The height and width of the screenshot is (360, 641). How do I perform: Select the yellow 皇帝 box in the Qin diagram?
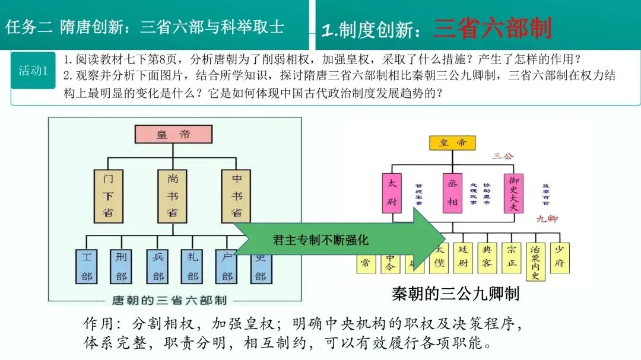(452, 143)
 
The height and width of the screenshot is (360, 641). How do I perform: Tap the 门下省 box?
(107, 195)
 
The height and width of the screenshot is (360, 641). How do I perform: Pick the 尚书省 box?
(172, 195)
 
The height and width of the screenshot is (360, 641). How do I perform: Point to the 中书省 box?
(236, 195)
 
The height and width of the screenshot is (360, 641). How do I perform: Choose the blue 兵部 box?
(158, 267)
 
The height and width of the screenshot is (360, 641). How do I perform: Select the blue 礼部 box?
(192, 267)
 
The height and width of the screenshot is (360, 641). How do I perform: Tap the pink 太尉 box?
(392, 193)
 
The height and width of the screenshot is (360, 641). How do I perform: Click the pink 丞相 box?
(452, 193)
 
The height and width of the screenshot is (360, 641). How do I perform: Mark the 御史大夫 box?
(513, 193)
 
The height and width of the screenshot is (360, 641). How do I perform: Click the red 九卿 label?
(547, 219)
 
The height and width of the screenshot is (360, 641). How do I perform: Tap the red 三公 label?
(502, 156)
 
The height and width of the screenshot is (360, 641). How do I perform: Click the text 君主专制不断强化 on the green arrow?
(320, 240)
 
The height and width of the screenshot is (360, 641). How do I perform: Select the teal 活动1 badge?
(33, 71)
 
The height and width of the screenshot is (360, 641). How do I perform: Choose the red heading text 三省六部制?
(492, 28)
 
